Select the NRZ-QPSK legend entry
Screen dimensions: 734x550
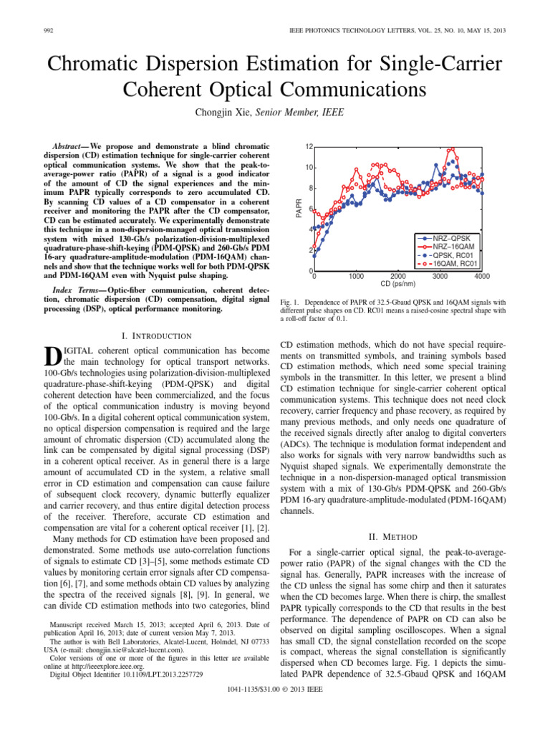tap(458, 237)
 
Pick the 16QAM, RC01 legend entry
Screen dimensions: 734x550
tap(458, 263)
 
